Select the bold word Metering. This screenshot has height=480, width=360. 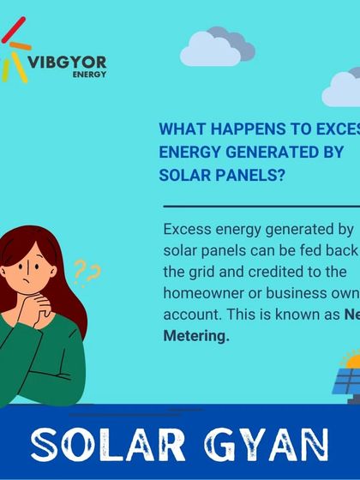pos(196,337)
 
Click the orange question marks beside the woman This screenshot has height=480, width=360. pos(87,273)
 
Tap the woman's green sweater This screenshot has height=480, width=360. pos(43,360)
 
